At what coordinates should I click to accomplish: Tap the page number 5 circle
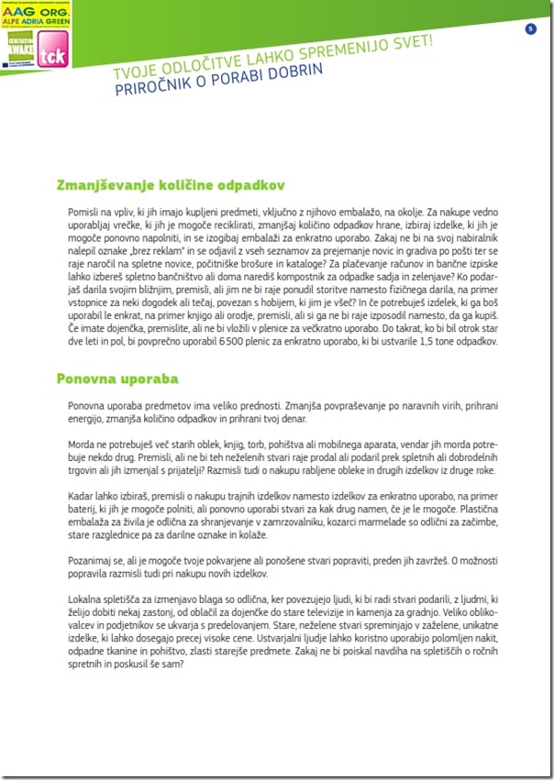point(530,29)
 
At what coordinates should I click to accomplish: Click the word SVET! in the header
point(412,45)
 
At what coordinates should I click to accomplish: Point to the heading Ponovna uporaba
point(117,378)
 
